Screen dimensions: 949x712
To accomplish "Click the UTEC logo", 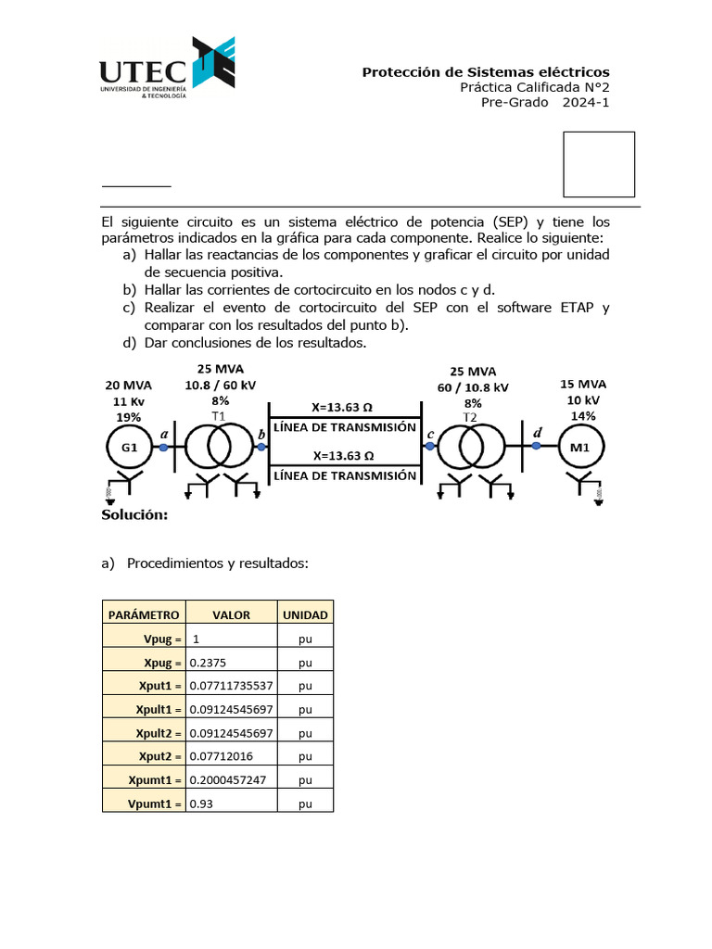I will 167,70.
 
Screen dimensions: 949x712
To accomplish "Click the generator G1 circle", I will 129,448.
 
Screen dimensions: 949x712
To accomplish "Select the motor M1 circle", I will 578,448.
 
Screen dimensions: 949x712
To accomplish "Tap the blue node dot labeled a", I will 163,448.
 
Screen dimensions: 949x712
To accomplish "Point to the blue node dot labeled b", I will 261,448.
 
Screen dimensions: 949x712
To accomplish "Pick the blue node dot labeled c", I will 430,447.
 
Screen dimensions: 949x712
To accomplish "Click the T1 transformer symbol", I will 219,448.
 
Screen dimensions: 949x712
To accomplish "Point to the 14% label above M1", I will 583,416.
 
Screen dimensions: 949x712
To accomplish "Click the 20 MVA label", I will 129,385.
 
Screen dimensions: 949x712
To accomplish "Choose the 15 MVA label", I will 583,384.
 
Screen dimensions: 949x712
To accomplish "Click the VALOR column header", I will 231,614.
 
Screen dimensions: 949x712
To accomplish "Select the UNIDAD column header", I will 305,614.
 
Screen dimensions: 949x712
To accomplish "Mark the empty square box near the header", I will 599,164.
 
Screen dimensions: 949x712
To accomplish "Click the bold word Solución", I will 134,515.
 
